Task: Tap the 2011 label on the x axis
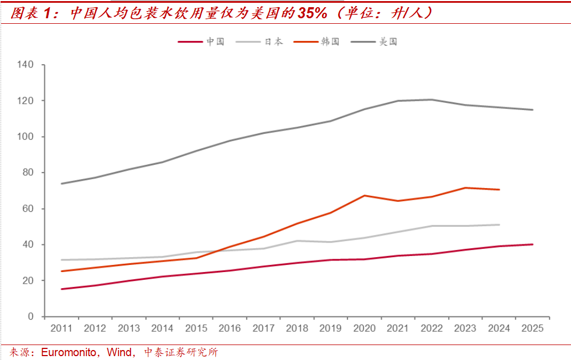coord(61,328)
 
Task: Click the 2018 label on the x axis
coord(297,328)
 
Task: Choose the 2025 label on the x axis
coord(533,328)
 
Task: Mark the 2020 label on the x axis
coord(365,328)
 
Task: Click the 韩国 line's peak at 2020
coord(365,195)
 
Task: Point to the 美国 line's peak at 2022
coord(432,100)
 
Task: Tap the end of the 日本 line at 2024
coord(499,225)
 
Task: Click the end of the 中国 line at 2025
coord(533,244)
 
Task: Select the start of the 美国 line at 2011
coord(61,184)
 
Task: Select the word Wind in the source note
coord(120,352)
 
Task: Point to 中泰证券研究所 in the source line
coord(181,352)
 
